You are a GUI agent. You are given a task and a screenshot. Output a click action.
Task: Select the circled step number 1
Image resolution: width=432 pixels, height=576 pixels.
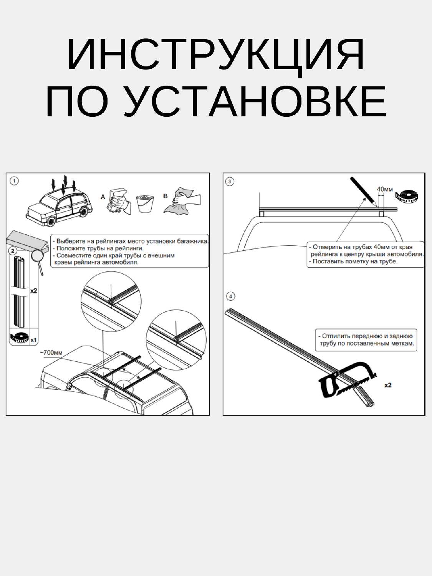[14, 181]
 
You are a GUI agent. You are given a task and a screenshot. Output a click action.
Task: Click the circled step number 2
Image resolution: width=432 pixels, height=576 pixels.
[13, 251]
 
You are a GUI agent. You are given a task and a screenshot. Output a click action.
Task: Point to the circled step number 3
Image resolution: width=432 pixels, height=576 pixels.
[230, 181]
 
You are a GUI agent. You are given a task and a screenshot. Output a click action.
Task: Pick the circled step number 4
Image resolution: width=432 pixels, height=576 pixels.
[230, 296]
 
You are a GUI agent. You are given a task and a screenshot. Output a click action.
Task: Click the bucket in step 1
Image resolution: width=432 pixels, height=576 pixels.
[145, 204]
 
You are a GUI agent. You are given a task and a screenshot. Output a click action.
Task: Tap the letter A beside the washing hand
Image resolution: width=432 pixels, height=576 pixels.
[103, 197]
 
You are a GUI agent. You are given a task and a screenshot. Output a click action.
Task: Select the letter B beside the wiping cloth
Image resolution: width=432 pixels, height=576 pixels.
[166, 196]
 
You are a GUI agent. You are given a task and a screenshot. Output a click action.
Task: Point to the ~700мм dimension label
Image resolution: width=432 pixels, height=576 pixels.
[51, 353]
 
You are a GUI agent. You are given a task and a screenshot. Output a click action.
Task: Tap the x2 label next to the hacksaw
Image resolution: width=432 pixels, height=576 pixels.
[387, 385]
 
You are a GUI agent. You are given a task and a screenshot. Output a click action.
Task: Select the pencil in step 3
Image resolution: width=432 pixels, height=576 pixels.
[363, 191]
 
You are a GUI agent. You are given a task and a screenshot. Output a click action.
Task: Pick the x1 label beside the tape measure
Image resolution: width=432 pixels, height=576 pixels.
[33, 340]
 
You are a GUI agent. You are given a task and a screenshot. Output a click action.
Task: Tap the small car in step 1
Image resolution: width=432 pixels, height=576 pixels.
[60, 205]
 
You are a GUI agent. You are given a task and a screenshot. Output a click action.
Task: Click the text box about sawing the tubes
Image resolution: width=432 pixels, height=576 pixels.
[366, 339]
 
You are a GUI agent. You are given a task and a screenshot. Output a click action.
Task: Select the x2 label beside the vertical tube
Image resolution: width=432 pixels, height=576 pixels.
[33, 291]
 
